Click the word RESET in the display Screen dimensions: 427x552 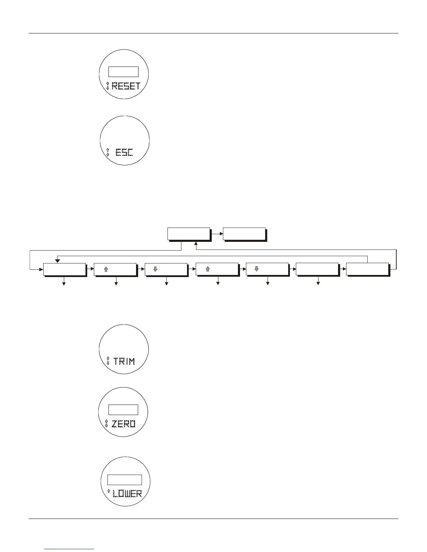pos(126,86)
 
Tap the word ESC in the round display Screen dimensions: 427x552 pos(124,152)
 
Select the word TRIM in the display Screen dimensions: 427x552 pos(124,361)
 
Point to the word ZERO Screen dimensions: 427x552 pos(123,424)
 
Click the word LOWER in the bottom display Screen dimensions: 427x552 pos(127,493)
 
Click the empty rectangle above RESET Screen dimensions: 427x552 pos(123,71)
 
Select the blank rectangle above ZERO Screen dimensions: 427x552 pos(123,410)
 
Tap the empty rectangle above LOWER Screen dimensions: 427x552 pos(124,480)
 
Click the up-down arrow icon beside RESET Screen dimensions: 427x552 pos(107,86)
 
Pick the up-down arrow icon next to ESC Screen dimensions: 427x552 pos(107,152)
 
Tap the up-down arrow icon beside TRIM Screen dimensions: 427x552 pos(108,361)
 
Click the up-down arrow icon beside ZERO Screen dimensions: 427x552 pos(107,423)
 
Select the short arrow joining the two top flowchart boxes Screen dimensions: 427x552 pos(217,234)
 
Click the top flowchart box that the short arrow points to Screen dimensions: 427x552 pos(244,234)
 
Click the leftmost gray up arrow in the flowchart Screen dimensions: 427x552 pos(106,269)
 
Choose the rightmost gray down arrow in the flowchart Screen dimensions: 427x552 pos(256,269)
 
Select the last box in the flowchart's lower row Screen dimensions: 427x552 pos(367,269)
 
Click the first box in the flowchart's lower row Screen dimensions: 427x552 pos(65,269)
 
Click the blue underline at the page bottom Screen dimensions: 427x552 pos(69,549)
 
